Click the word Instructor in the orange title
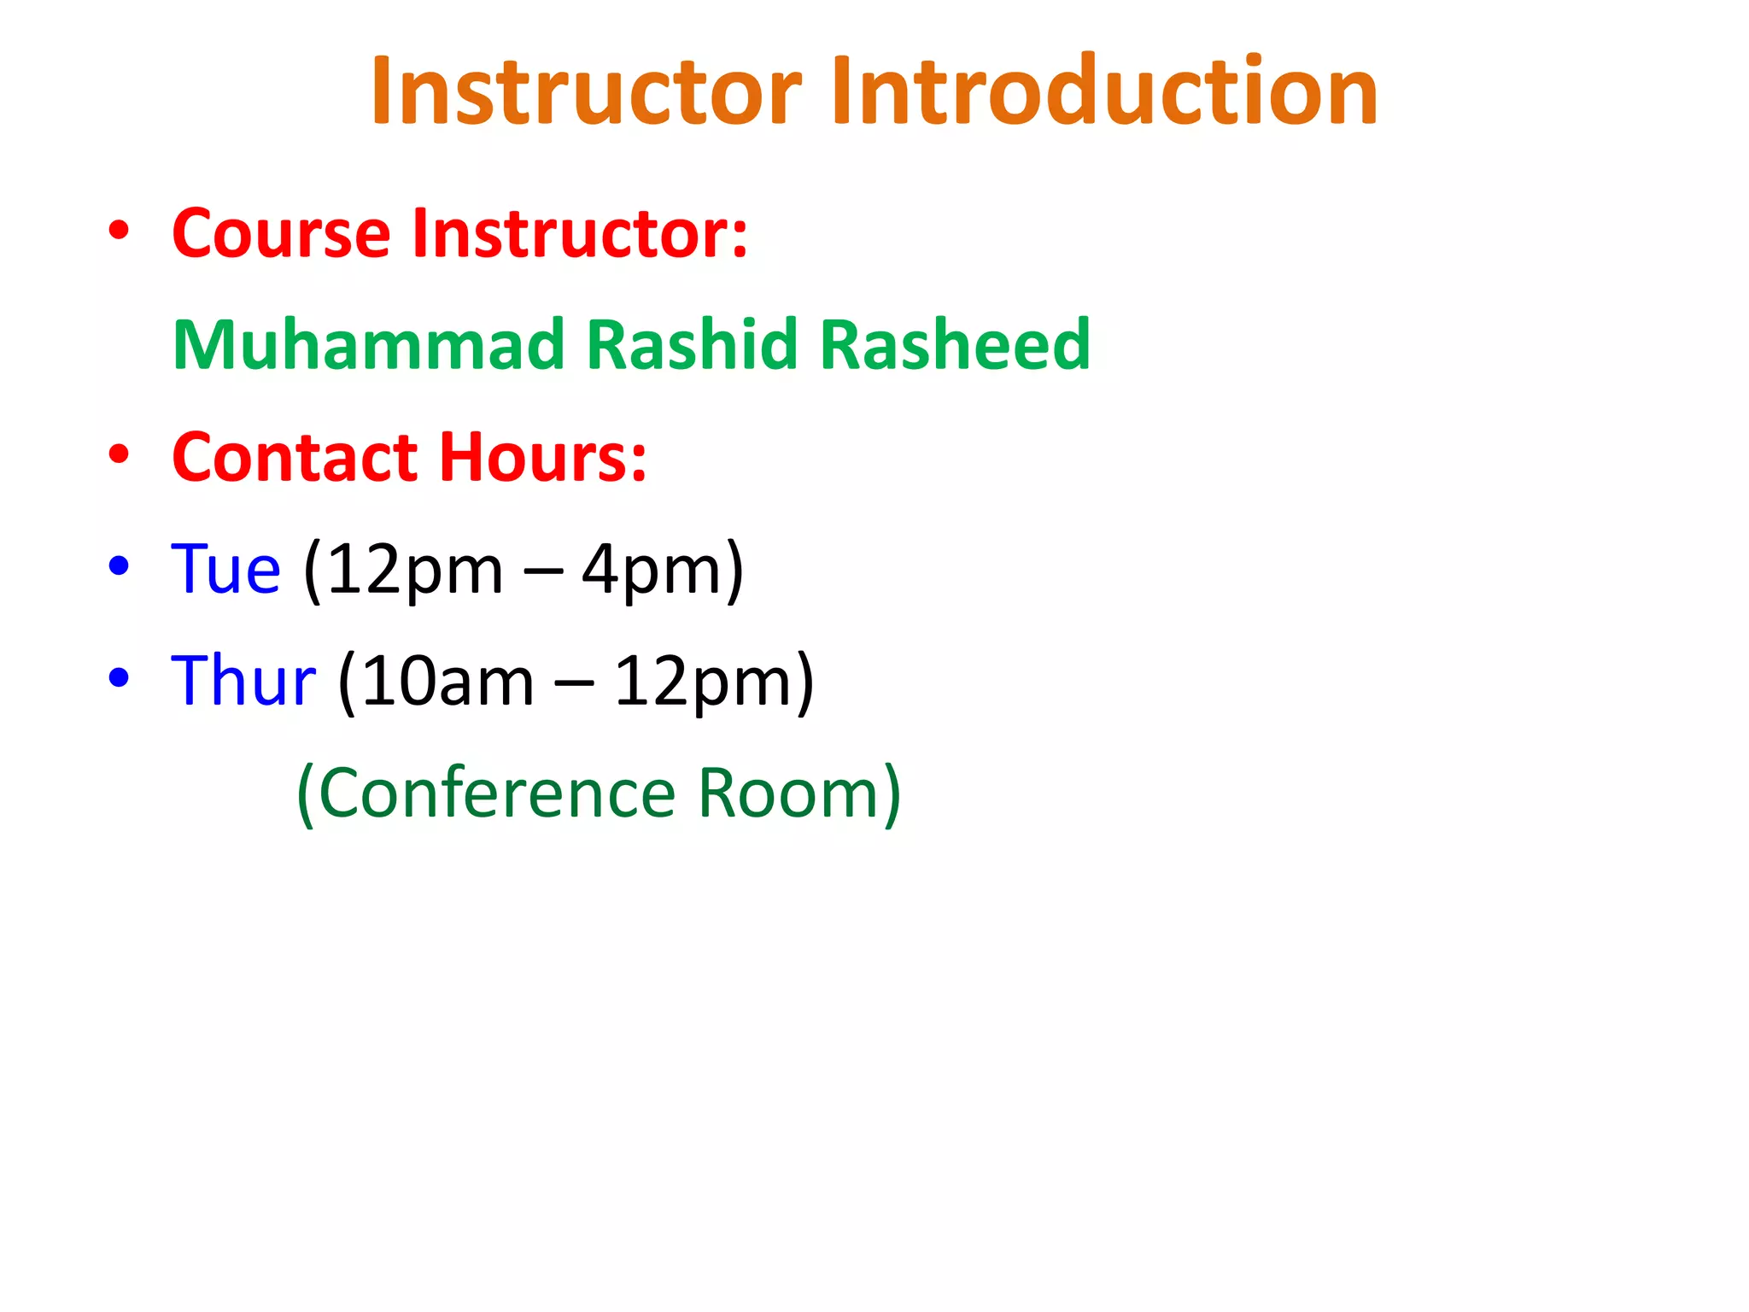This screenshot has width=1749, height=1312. [586, 91]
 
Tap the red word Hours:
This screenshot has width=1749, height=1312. [543, 457]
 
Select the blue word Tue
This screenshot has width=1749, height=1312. [225, 569]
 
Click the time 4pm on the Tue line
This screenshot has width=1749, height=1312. [651, 571]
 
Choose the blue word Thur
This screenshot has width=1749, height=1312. [243, 681]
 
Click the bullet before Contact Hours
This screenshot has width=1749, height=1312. [119, 454]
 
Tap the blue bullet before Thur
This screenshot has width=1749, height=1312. [119, 677]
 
